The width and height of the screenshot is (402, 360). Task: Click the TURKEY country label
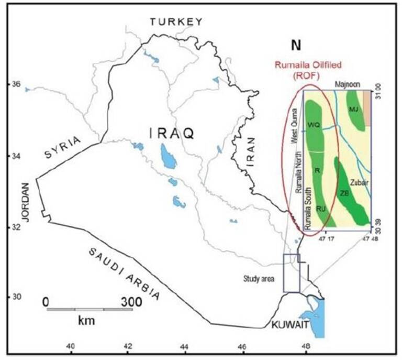(x=175, y=21)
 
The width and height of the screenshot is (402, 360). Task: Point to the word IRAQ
(x=172, y=134)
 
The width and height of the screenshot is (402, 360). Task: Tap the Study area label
(x=259, y=278)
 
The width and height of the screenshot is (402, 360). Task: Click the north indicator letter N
(x=296, y=46)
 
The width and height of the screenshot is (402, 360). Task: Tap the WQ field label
(x=314, y=125)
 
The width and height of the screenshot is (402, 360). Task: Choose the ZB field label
(x=344, y=193)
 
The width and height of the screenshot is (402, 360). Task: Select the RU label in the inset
(x=321, y=209)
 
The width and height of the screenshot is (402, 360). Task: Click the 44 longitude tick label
(x=184, y=346)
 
